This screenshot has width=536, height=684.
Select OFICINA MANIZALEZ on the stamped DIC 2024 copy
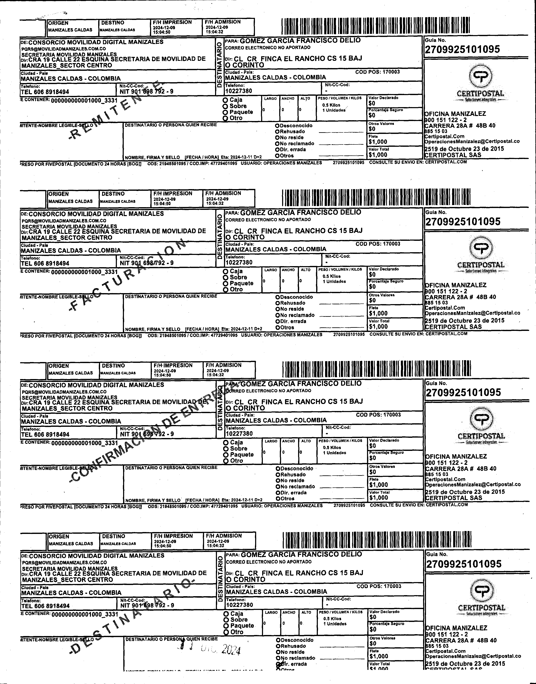456,628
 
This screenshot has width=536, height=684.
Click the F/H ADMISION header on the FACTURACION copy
223,193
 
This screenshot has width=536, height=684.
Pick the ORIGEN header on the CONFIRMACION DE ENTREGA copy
59,366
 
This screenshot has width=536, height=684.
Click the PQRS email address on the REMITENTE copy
63,49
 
